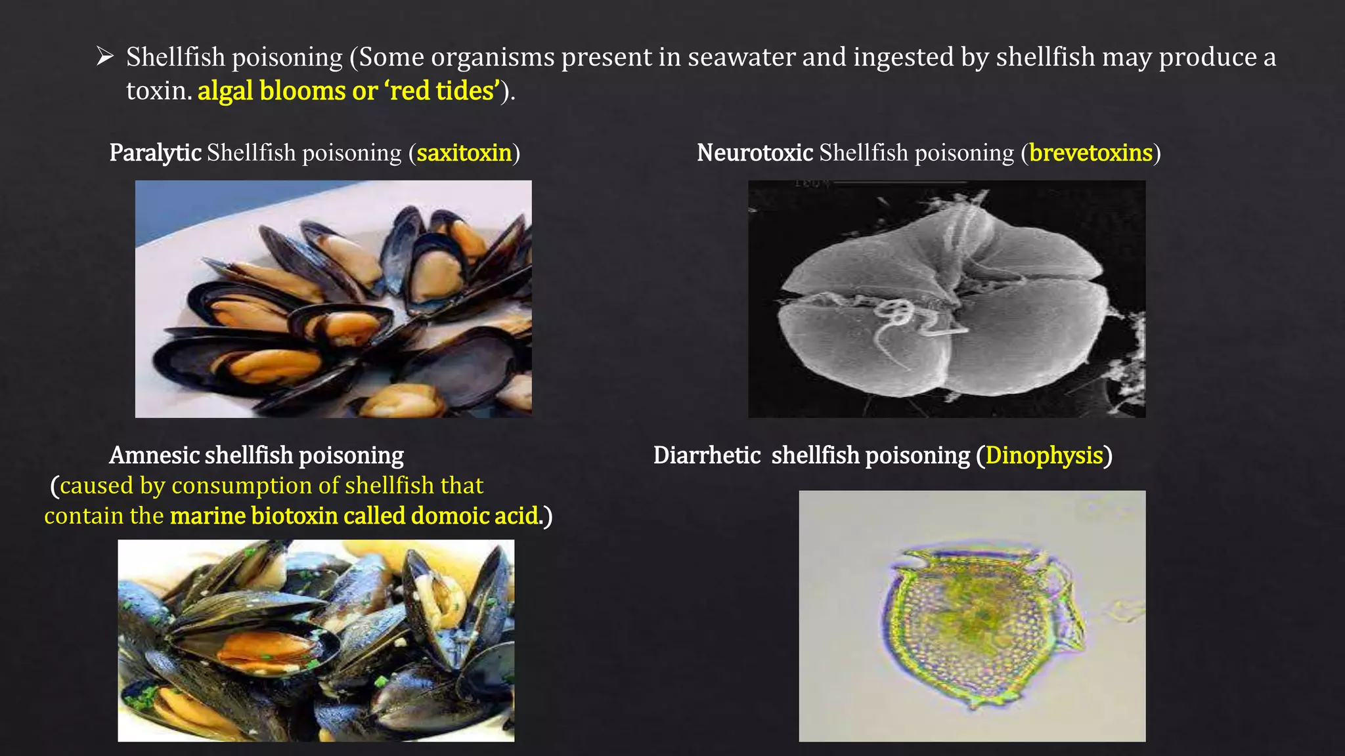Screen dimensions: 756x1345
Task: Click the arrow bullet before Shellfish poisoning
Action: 105,56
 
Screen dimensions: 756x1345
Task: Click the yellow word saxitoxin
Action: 464,153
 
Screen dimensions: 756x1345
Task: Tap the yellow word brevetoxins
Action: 1090,153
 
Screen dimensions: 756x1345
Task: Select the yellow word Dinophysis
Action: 1044,455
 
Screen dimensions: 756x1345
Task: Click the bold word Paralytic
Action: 155,153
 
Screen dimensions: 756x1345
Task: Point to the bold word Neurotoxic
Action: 755,153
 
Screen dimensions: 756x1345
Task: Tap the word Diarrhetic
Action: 707,455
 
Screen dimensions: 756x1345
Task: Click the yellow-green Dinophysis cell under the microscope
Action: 979,623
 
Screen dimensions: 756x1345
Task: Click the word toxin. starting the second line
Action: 158,91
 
